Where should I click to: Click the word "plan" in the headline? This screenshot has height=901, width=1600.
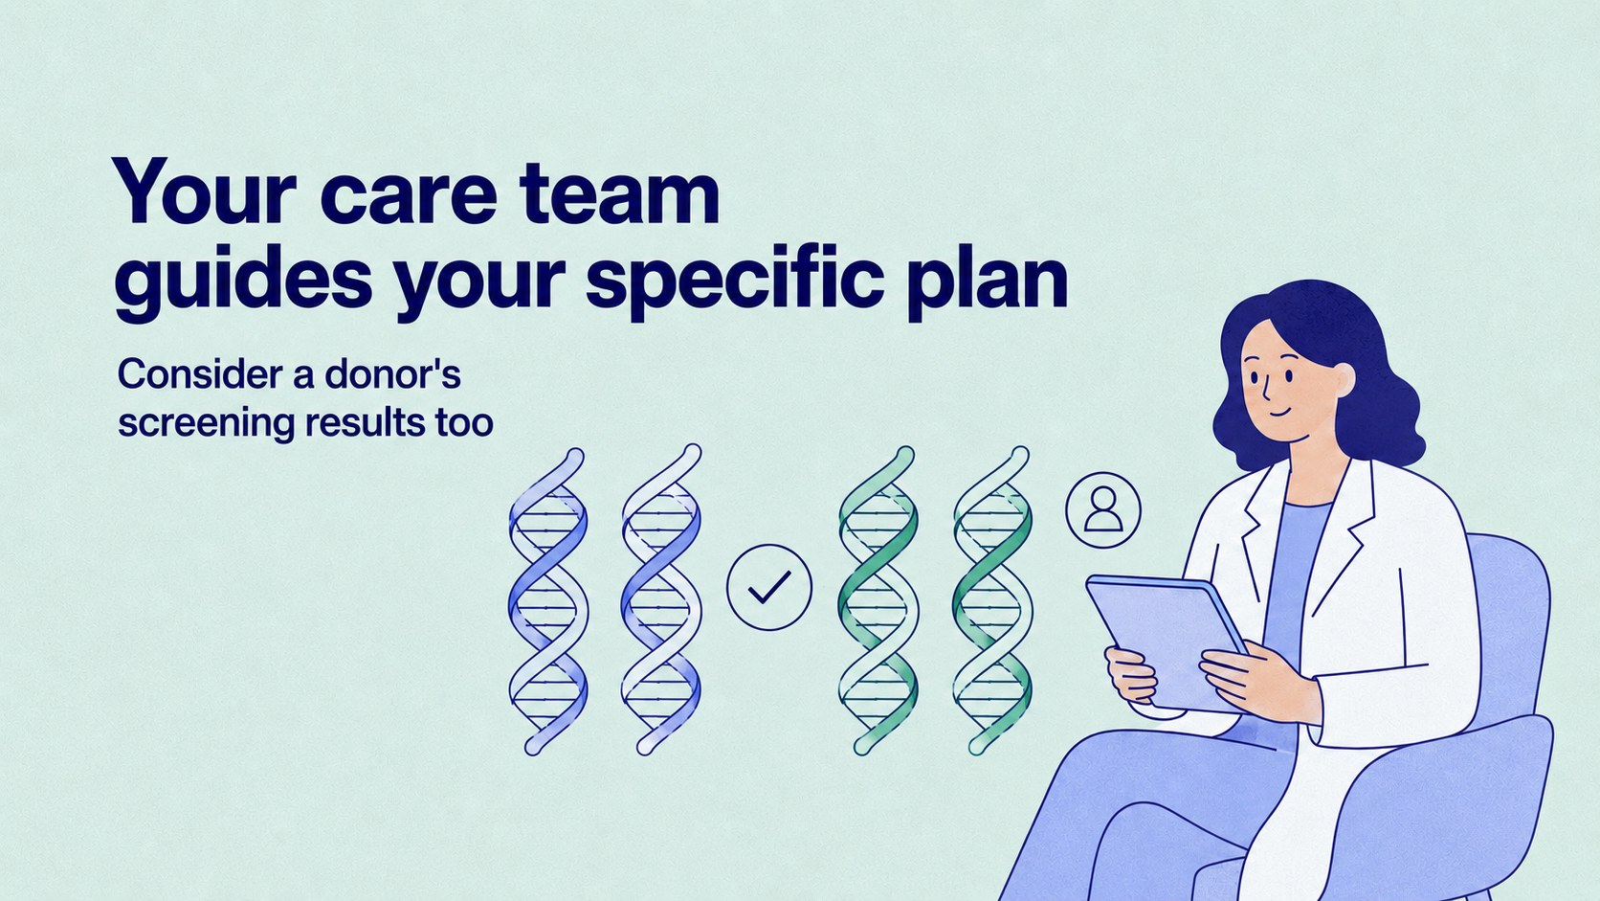[x=988, y=278]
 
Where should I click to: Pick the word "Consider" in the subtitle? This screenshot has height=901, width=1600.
[x=199, y=373]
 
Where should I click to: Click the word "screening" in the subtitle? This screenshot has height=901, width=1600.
[x=206, y=424]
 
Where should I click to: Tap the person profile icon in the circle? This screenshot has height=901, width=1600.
[x=1102, y=509]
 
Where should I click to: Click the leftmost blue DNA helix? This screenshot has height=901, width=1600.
[x=548, y=601]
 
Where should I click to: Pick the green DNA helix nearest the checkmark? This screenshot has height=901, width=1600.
[x=878, y=600]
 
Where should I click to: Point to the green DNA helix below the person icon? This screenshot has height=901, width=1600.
[x=992, y=600]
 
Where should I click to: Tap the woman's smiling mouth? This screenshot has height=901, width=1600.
[x=1278, y=413]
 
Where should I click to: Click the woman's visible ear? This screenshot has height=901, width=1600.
[x=1343, y=379]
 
